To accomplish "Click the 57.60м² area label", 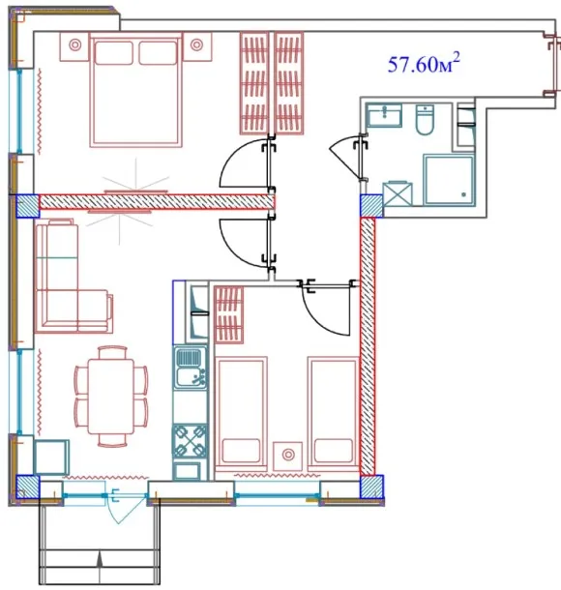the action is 424,63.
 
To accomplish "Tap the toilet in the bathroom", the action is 425,119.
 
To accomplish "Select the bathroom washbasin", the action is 384,115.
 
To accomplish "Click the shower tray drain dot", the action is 464,194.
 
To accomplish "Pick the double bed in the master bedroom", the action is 135,90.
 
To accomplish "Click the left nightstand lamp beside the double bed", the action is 74,45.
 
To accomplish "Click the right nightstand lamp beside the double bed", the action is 196,45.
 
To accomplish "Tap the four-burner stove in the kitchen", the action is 190,441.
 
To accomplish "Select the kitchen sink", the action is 192,368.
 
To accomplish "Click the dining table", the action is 111,397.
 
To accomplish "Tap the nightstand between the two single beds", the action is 288,456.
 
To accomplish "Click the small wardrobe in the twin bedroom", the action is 228,314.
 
